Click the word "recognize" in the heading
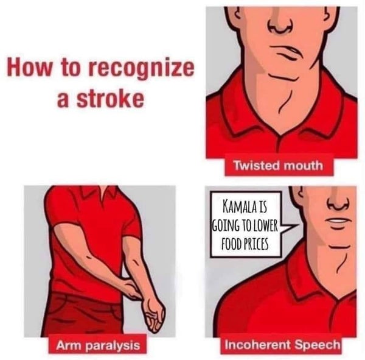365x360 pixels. pos(141,69)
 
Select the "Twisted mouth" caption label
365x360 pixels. pos(279,166)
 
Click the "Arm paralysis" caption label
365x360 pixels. pos(98,345)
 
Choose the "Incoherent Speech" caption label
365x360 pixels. pos(282,345)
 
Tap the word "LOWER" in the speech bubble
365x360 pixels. pos(265,225)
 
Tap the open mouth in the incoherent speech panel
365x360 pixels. pos(337,221)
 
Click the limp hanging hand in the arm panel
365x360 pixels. pos(154,316)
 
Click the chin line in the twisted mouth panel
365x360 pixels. pos(283,77)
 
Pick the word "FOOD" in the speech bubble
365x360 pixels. pos(231,244)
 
